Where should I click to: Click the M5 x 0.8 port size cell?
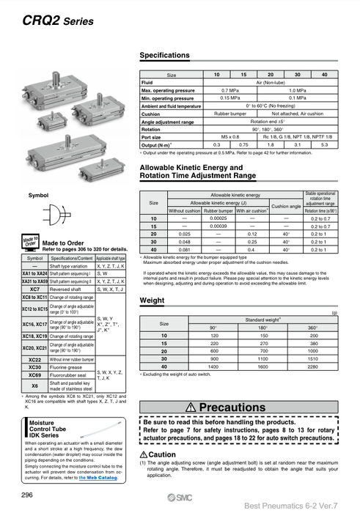pyautogui.click(x=230, y=137)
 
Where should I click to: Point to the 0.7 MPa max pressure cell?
pyautogui.click(x=230, y=89)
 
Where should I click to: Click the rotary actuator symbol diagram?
pyautogui.click(x=56, y=215)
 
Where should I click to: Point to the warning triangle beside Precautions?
pyautogui.click(x=191, y=407)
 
